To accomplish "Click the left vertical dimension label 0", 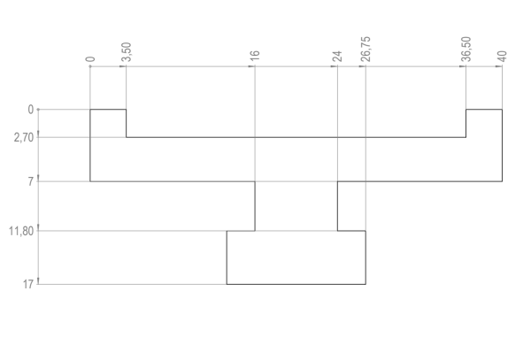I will tap(30, 110).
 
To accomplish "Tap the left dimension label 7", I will tap(30, 181).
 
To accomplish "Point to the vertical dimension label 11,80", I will tap(22, 231).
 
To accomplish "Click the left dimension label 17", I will tap(28, 284).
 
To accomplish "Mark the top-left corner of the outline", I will tap(90, 110).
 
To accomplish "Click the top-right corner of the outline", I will tap(502, 110).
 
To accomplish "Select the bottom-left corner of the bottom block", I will tap(227, 284).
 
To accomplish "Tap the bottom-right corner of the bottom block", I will tap(366, 284).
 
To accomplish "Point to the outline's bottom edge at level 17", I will tap(296, 284).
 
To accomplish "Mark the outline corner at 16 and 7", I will tap(255, 181).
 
